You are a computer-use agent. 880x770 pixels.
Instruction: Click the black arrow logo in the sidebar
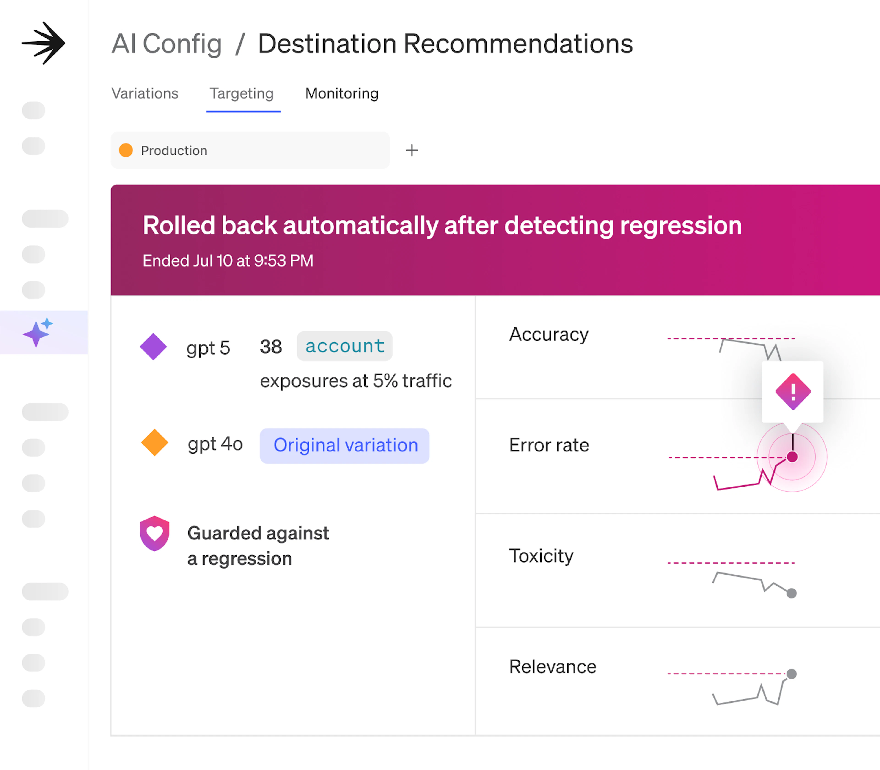(43, 43)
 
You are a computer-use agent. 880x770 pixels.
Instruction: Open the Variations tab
(145, 93)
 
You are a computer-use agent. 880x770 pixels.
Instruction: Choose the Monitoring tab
(342, 93)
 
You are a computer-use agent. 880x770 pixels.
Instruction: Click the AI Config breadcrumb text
(167, 44)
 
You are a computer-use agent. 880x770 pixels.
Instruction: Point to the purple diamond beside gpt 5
(153, 346)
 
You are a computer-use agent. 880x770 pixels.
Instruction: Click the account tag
(345, 346)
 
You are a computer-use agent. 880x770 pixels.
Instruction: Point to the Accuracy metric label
(549, 334)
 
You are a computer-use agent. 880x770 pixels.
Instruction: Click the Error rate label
(549, 445)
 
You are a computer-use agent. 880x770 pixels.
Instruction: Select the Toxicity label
(541, 556)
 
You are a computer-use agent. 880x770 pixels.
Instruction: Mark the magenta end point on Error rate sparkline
(792, 457)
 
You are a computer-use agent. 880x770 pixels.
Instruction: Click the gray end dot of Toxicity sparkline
(792, 593)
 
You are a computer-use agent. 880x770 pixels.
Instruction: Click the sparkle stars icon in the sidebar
(38, 332)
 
